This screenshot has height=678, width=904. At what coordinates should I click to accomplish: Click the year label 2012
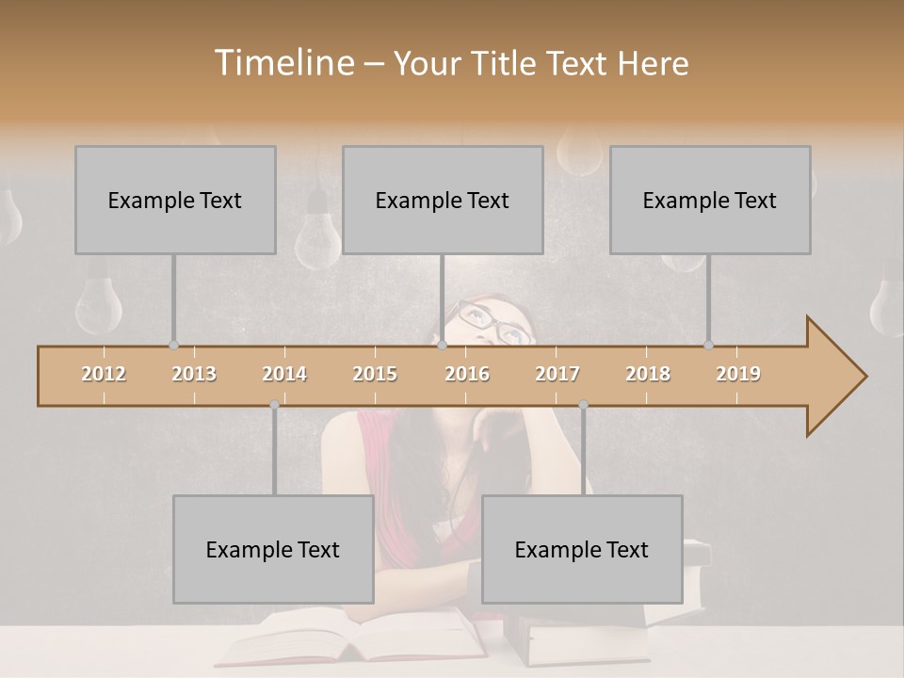pos(104,374)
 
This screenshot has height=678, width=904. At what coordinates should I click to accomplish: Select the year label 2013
pos(194,374)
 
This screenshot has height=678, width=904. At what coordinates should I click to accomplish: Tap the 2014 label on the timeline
pos(284,374)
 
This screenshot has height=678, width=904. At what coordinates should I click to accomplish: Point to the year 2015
pos(375,374)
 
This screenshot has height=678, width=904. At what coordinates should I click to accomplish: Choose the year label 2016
pos(467,374)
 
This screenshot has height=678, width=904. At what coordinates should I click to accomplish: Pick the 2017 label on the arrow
pos(557,374)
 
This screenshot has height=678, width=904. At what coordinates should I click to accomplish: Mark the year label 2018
pos(648,374)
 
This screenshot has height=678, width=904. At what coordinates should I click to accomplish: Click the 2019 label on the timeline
pos(738,374)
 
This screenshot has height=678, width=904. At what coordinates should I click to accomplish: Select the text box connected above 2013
pos(175,200)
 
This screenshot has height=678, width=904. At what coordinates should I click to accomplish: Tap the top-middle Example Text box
pos(443,200)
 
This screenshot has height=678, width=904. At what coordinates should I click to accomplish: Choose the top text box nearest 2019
pos(710,200)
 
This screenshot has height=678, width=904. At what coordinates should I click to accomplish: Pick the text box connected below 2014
pos(273,549)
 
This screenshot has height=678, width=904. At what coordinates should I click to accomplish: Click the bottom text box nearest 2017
pos(582,549)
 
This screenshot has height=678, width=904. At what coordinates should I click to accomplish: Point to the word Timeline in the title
pos(282,63)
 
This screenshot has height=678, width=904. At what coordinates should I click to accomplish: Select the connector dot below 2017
pos(583,405)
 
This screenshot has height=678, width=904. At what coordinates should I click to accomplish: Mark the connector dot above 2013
pos(173,346)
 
